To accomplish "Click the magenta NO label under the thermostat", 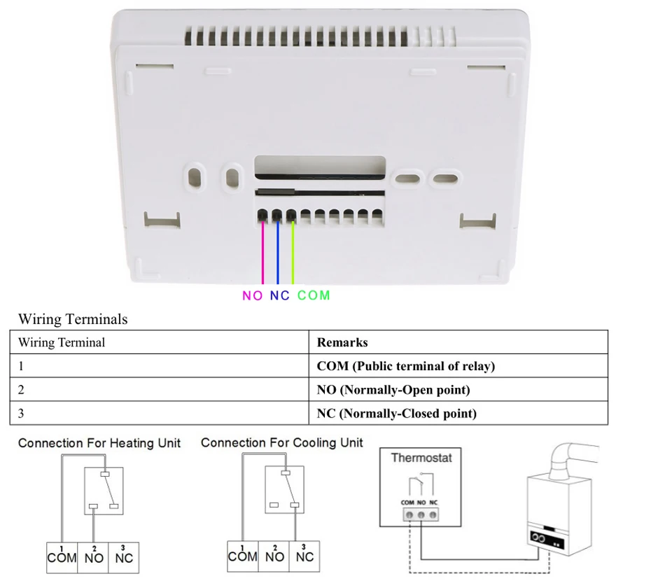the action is tap(253, 295).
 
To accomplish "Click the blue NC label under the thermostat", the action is tap(279, 295).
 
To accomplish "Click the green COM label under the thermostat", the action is tap(313, 295).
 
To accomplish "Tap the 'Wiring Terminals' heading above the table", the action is tap(73, 319).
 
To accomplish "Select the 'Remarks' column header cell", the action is tap(458, 342).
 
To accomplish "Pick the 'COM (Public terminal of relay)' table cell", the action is tap(458, 366).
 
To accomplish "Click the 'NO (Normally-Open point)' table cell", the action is tap(458, 390).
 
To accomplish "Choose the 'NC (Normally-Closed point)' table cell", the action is tap(458, 413).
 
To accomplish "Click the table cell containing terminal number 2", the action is tap(159, 390).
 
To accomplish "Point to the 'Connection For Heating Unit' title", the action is tap(99, 443).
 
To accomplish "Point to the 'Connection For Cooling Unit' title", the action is tap(282, 442).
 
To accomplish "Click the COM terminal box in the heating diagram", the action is tap(62, 556).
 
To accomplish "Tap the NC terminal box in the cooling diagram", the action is tap(304, 556).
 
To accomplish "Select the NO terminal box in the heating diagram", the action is tap(94, 556).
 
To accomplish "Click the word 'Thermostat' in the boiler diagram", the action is tap(421, 458).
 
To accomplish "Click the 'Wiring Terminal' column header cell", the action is tap(159, 342).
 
